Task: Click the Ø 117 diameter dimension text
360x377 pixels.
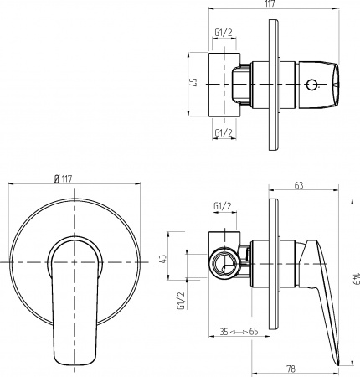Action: (x=63, y=177)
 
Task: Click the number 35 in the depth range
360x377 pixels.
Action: (x=222, y=333)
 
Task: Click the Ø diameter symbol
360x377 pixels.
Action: (x=55, y=177)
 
